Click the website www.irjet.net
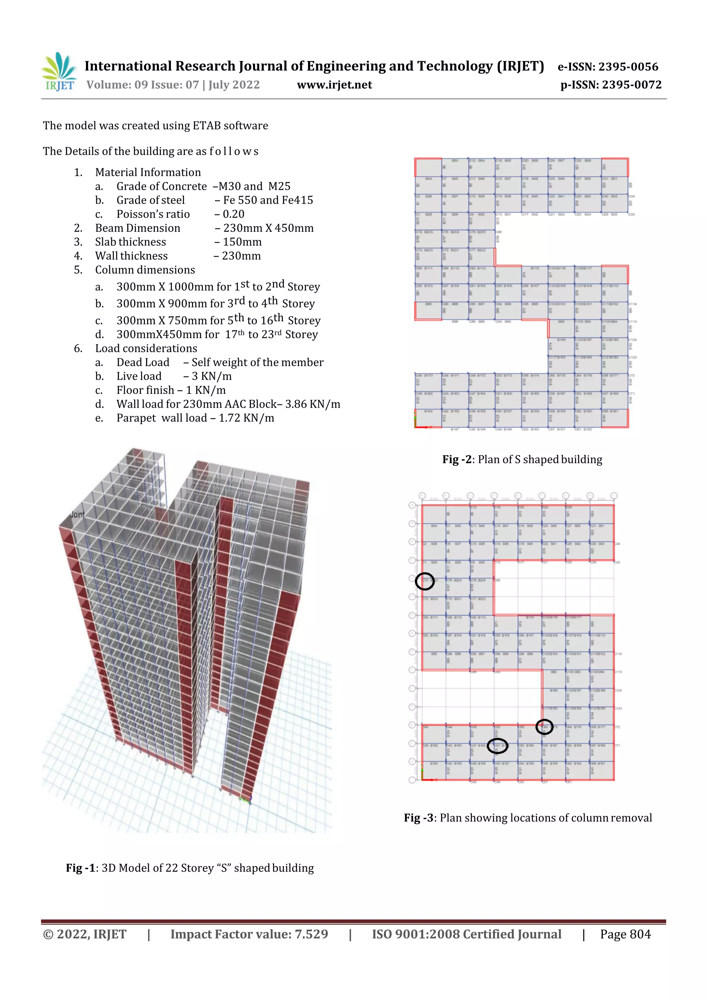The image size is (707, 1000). [x=334, y=85]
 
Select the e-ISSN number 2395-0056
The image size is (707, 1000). [x=628, y=67]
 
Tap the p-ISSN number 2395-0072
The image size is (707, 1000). [x=632, y=85]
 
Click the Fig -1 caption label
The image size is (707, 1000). [x=80, y=868]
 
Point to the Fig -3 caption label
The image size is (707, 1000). [x=419, y=818]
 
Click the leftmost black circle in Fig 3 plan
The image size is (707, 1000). [x=424, y=581]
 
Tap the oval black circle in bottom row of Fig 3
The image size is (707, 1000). [x=497, y=746]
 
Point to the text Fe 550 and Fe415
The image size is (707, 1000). [x=268, y=200]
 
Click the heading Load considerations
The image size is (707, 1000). [x=146, y=348]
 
